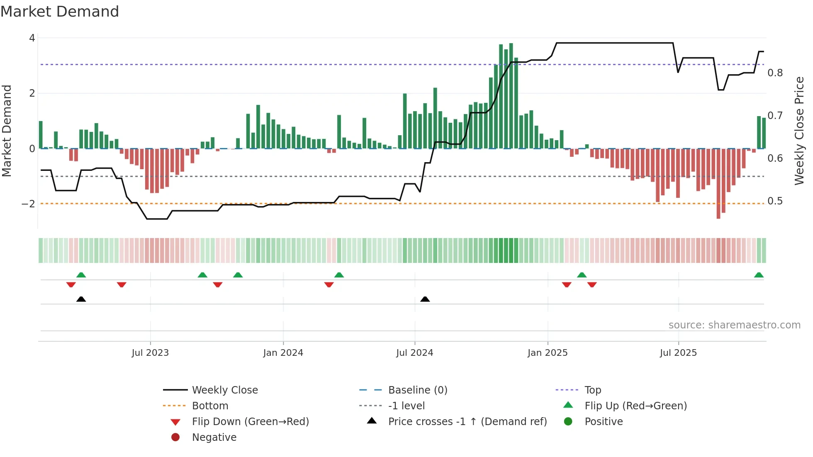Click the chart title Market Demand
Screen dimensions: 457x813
pos(60,11)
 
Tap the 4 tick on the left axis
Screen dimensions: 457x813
pos(32,38)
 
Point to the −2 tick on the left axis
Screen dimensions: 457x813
pos(29,204)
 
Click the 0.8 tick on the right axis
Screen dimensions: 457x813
pos(775,73)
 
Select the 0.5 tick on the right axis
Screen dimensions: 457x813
pos(775,201)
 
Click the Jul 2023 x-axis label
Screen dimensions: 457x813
pos(150,353)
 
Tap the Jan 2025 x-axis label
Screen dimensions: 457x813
pos(548,353)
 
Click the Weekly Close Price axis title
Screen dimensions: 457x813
pos(799,131)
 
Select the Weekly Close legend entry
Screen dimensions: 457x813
pos(224,390)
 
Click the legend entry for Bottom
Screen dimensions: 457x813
pos(210,406)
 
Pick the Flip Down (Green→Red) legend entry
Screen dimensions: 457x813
pos(250,422)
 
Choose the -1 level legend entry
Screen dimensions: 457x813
pos(406,406)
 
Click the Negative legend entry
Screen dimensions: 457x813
pos(214,438)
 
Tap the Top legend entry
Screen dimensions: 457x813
pos(592,390)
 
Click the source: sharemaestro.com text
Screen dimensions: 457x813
pos(734,325)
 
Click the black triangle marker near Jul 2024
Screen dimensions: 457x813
pos(425,299)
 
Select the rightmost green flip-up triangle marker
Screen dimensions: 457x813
pos(759,275)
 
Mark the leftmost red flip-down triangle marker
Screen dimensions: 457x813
pos(71,284)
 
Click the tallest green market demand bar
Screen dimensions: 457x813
pos(511,95)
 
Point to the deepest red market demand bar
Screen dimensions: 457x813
pos(718,184)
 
